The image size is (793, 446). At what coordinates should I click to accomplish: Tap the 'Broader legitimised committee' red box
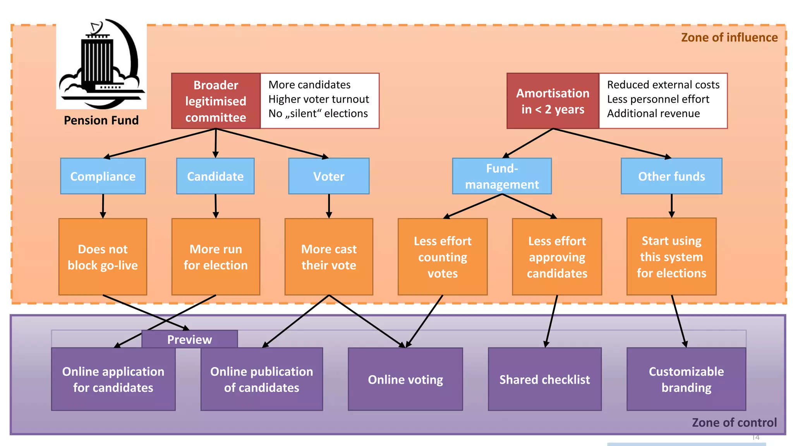[216, 101]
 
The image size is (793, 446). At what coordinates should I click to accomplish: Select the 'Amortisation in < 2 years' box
[553, 101]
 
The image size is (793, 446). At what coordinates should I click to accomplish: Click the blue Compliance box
[103, 176]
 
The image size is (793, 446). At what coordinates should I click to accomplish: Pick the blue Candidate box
[215, 176]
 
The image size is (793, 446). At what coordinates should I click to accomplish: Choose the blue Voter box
[329, 176]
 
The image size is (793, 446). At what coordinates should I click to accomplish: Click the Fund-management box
[502, 176]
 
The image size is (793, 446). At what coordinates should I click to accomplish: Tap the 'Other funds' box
[671, 176]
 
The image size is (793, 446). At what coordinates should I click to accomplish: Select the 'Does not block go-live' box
[103, 257]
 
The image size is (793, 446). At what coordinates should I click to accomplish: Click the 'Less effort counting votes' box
[443, 257]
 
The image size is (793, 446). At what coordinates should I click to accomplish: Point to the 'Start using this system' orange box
[671, 257]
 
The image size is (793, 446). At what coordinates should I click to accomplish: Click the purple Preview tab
[189, 339]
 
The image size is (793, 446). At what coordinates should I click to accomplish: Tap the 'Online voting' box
[405, 379]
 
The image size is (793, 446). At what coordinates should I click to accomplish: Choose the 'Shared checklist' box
[544, 379]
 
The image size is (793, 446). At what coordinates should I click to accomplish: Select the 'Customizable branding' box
[686, 379]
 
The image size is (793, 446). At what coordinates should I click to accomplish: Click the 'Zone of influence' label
[729, 38]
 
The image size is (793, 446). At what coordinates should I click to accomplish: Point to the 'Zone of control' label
[734, 422]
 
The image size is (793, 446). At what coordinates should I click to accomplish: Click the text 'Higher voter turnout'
[319, 99]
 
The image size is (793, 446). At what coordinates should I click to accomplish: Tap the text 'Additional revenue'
[653, 113]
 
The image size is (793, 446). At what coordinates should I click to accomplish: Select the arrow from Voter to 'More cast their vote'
[329, 206]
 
